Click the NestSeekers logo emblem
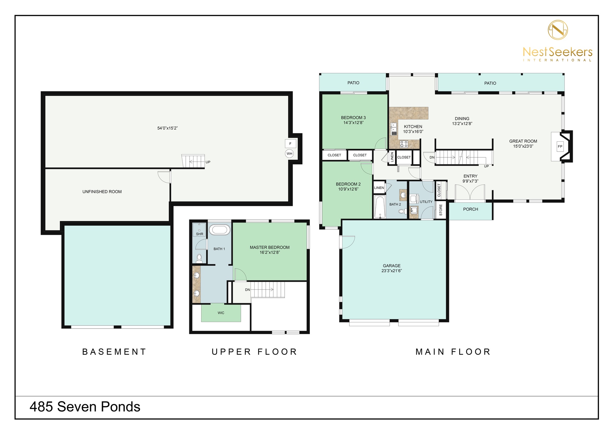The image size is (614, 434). tap(558, 30)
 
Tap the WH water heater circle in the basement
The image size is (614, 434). tap(289, 154)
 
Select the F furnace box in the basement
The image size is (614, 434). tap(290, 144)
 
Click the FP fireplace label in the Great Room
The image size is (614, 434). tap(560, 146)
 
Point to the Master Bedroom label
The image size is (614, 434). tap(270, 248)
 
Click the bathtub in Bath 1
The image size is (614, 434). tap(219, 230)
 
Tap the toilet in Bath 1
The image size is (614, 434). tap(199, 258)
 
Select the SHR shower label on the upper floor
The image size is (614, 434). tap(200, 234)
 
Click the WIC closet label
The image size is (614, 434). tap(221, 313)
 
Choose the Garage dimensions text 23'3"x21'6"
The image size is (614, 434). tap(392, 271)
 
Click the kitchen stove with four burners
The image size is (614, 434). tap(404, 144)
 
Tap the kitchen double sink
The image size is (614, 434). tap(394, 129)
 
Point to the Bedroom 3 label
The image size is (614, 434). tap(353, 118)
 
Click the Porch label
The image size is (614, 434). tap(470, 209)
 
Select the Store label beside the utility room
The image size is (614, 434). tap(441, 210)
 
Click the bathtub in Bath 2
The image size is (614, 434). tap(380, 207)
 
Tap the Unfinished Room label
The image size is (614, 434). tap(102, 192)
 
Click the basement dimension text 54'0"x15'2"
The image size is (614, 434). tap(168, 128)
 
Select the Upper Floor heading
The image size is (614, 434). tap(255, 352)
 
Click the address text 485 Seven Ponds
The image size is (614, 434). tap(85, 407)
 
